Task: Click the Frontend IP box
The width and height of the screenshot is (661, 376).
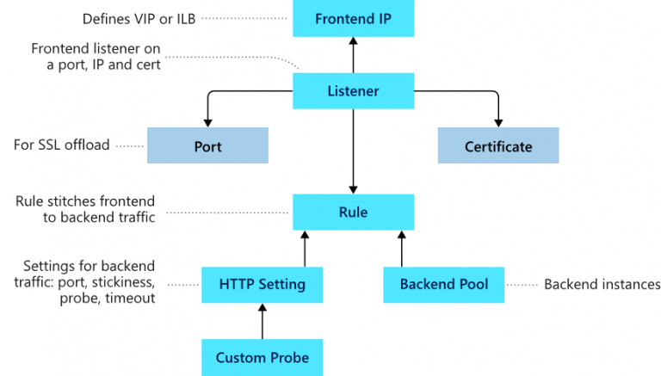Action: (353, 19)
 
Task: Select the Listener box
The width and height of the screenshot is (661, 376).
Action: (353, 91)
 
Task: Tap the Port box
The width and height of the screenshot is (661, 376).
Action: (207, 146)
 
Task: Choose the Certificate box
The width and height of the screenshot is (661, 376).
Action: (497, 146)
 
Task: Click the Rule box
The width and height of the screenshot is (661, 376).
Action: (353, 212)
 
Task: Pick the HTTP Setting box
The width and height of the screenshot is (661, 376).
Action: (262, 284)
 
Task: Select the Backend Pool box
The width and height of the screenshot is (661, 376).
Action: (443, 284)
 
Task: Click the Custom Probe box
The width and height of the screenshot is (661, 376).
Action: (262, 357)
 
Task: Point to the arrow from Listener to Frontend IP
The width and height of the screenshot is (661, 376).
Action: (353, 56)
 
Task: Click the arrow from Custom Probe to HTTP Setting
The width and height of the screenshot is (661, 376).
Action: (262, 321)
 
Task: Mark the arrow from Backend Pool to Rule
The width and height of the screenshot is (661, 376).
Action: (401, 248)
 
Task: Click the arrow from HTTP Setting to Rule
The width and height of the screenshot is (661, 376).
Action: (304, 248)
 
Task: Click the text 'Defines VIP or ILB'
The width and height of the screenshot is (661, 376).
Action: (139, 18)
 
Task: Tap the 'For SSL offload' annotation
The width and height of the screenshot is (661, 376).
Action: (61, 145)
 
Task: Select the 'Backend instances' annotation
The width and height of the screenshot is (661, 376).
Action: (602, 284)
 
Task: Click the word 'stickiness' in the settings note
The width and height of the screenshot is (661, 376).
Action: (126, 282)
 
